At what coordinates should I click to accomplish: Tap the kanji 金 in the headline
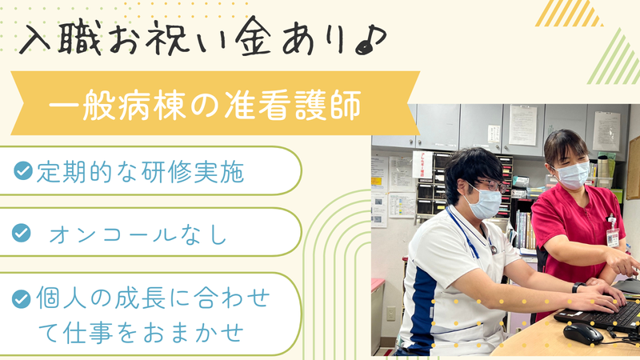click(x=253, y=36)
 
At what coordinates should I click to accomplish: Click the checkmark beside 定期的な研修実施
click(x=23, y=170)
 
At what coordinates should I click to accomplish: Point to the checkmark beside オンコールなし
click(x=22, y=233)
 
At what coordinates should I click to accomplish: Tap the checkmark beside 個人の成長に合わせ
click(x=22, y=299)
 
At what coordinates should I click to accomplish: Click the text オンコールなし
click(x=138, y=234)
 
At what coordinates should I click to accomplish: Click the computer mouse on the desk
click(x=583, y=334)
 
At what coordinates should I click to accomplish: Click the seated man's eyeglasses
click(x=492, y=186)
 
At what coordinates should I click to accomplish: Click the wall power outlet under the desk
click(x=391, y=314)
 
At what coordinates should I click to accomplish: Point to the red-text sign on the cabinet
click(x=422, y=165)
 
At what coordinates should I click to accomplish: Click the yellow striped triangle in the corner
click(x=568, y=13)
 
